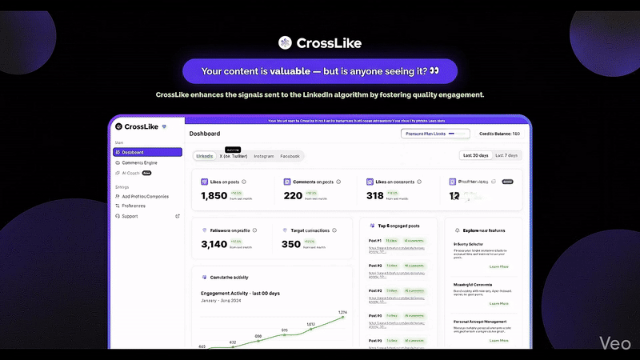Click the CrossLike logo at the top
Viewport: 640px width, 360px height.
319,42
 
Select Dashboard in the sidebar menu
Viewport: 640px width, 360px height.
149,152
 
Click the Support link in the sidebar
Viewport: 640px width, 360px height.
130,216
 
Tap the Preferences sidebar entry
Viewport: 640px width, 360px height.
134,206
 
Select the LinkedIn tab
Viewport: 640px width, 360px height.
205,156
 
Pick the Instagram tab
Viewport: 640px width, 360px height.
264,156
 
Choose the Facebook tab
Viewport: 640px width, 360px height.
290,156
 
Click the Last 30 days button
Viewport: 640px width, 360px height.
475,155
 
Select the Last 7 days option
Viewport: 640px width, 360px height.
506,155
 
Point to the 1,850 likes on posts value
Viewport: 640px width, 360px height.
214,195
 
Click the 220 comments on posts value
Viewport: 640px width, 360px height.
294,195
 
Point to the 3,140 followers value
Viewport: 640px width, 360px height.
214,244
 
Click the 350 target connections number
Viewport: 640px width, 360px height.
291,244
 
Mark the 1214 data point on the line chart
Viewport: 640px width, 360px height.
342,318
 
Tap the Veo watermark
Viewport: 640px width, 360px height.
616,342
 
